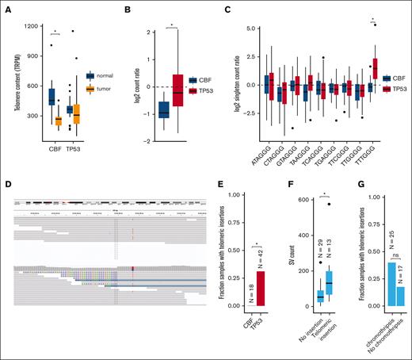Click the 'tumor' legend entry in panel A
click(x=101, y=89)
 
